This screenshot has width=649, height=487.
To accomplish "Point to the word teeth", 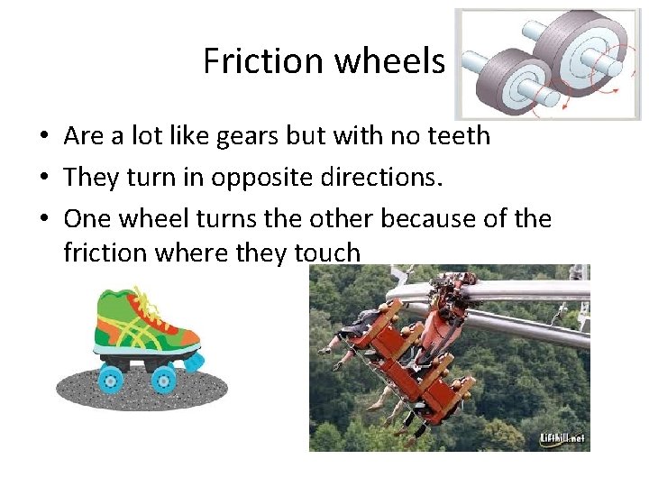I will (458, 136).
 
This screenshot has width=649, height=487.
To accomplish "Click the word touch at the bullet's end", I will (326, 253).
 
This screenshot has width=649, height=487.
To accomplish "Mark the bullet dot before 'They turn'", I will (43, 178).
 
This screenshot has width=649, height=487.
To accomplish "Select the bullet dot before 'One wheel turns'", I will (43, 219).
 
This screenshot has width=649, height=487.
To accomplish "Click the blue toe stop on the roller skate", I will (194, 363).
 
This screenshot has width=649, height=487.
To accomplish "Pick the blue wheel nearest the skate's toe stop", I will (165, 379).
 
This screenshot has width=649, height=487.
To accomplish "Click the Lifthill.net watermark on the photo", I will (562, 439).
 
